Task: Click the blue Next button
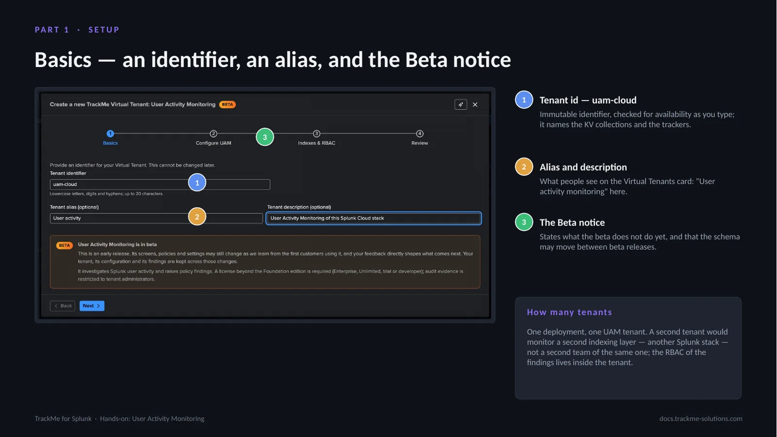pyautogui.click(x=92, y=305)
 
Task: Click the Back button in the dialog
pyautogui.click(x=63, y=305)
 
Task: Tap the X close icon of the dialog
pyautogui.click(x=475, y=105)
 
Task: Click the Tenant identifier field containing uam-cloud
pyautogui.click(x=160, y=184)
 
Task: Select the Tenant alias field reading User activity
pyautogui.click(x=156, y=218)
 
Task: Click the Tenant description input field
pyautogui.click(x=373, y=218)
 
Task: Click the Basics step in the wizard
pyautogui.click(x=110, y=138)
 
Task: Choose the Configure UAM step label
pyautogui.click(x=213, y=143)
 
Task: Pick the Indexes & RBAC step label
pyautogui.click(x=316, y=143)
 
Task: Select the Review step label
pyautogui.click(x=420, y=143)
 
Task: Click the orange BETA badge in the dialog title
pyautogui.click(x=227, y=105)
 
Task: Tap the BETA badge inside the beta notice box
pyautogui.click(x=64, y=245)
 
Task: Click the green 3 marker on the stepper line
pyautogui.click(x=265, y=137)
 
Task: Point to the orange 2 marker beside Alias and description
pyautogui.click(x=524, y=167)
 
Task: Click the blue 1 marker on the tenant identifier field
pyautogui.click(x=197, y=183)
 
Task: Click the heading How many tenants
pyautogui.click(x=569, y=312)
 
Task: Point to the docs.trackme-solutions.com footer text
pyautogui.click(x=701, y=419)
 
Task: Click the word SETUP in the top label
pyautogui.click(x=104, y=30)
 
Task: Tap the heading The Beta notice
pyautogui.click(x=572, y=222)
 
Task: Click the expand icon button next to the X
pyautogui.click(x=461, y=105)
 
